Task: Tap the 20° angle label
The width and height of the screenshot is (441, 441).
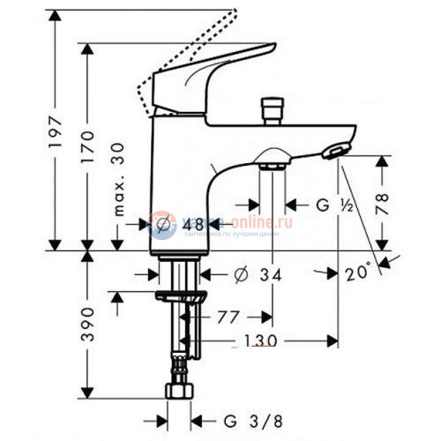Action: [x=358, y=275]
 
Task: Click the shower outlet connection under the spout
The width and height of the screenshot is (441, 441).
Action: [x=272, y=161]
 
